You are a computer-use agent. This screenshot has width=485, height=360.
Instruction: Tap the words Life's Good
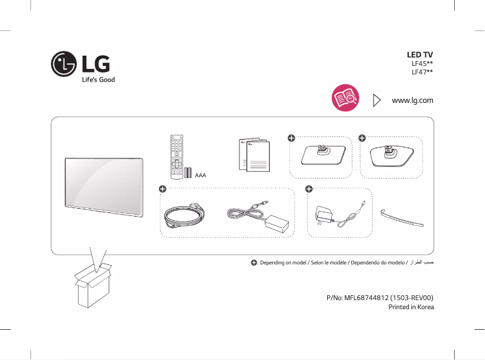click(97, 80)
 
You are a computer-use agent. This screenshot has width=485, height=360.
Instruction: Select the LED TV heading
click(420, 54)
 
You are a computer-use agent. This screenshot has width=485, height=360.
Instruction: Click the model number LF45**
click(422, 64)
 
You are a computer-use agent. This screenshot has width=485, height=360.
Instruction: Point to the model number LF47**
click(422, 72)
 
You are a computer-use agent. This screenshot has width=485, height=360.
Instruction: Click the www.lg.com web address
click(412, 100)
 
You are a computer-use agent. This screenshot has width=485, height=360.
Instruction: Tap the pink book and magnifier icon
click(345, 99)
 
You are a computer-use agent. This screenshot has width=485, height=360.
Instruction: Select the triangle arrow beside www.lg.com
click(377, 100)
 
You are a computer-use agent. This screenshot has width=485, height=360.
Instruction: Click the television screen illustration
click(104, 185)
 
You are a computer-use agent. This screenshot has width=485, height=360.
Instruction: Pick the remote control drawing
click(177, 157)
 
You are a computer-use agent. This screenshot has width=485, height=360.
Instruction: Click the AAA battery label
click(200, 175)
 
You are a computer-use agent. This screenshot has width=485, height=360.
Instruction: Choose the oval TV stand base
click(391, 156)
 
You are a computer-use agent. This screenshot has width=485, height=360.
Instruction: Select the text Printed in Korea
click(411, 307)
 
